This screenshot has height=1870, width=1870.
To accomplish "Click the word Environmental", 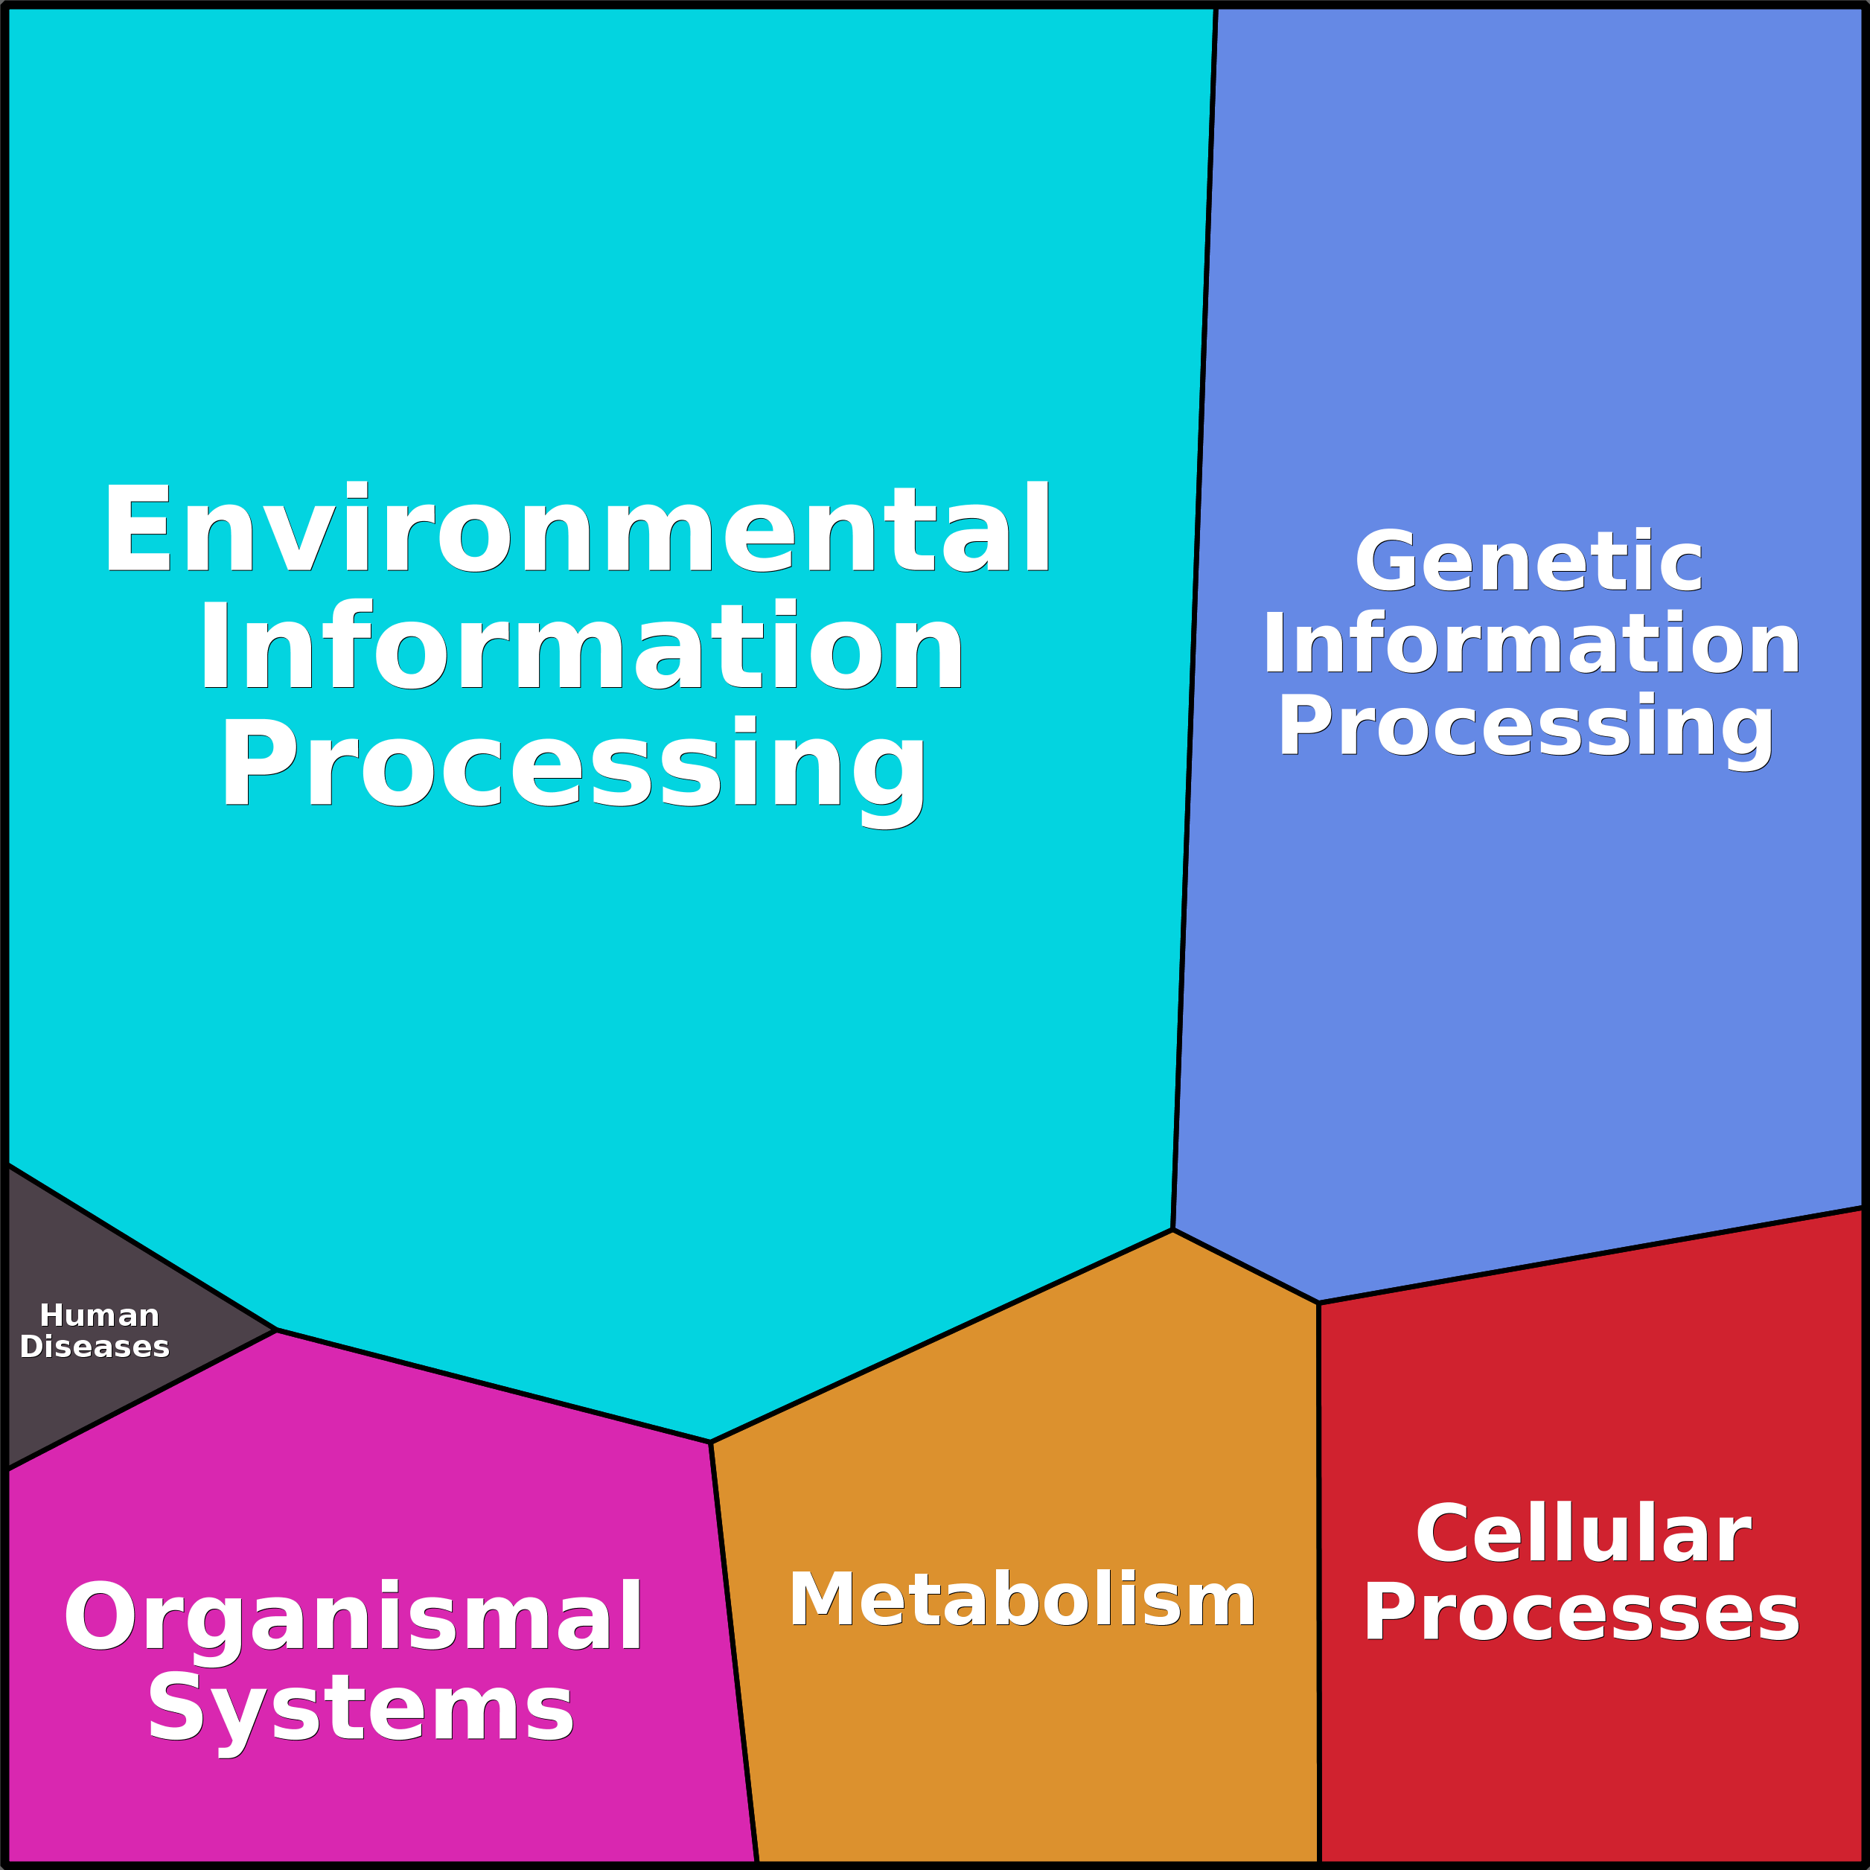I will pos(577,529).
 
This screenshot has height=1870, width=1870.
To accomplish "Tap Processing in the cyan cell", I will pos(573,765).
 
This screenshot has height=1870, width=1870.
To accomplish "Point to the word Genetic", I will pos(1528,561).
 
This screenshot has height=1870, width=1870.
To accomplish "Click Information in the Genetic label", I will pos(1531,644).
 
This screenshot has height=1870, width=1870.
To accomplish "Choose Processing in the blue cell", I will pos(1526,726).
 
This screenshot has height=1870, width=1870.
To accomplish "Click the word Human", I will pos(99,1315).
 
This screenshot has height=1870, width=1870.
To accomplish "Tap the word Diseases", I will pos(95,1347).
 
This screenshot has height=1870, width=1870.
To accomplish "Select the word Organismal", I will pos(354,1618).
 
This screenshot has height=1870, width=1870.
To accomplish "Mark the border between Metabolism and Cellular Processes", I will pos(1318,1587).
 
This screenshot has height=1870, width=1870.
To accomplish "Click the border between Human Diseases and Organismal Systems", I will pos(141,1400).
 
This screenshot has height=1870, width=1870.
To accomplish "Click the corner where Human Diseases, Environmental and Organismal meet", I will pos(277,1330).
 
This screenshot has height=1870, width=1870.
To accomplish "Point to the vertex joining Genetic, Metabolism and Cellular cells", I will pos(1318,1303).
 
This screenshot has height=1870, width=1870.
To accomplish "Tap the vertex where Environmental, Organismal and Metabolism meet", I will pos(710,1442).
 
